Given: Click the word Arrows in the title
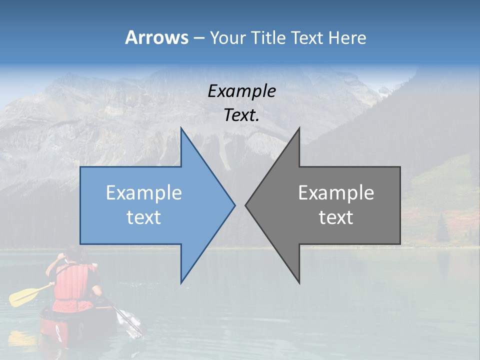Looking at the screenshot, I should [x=156, y=37].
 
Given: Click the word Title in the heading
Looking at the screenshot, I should [x=269, y=37].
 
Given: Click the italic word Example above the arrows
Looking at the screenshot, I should [x=241, y=91].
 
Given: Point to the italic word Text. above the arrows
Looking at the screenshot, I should [x=241, y=115].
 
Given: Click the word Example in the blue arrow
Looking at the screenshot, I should [x=143, y=192].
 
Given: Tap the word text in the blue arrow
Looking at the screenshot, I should [x=143, y=217].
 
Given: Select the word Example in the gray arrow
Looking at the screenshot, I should [x=336, y=192].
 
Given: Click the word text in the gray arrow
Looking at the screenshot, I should [x=336, y=217].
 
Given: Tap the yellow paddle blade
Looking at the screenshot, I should [x=22, y=296].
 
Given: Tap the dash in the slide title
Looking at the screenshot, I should [x=198, y=37].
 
